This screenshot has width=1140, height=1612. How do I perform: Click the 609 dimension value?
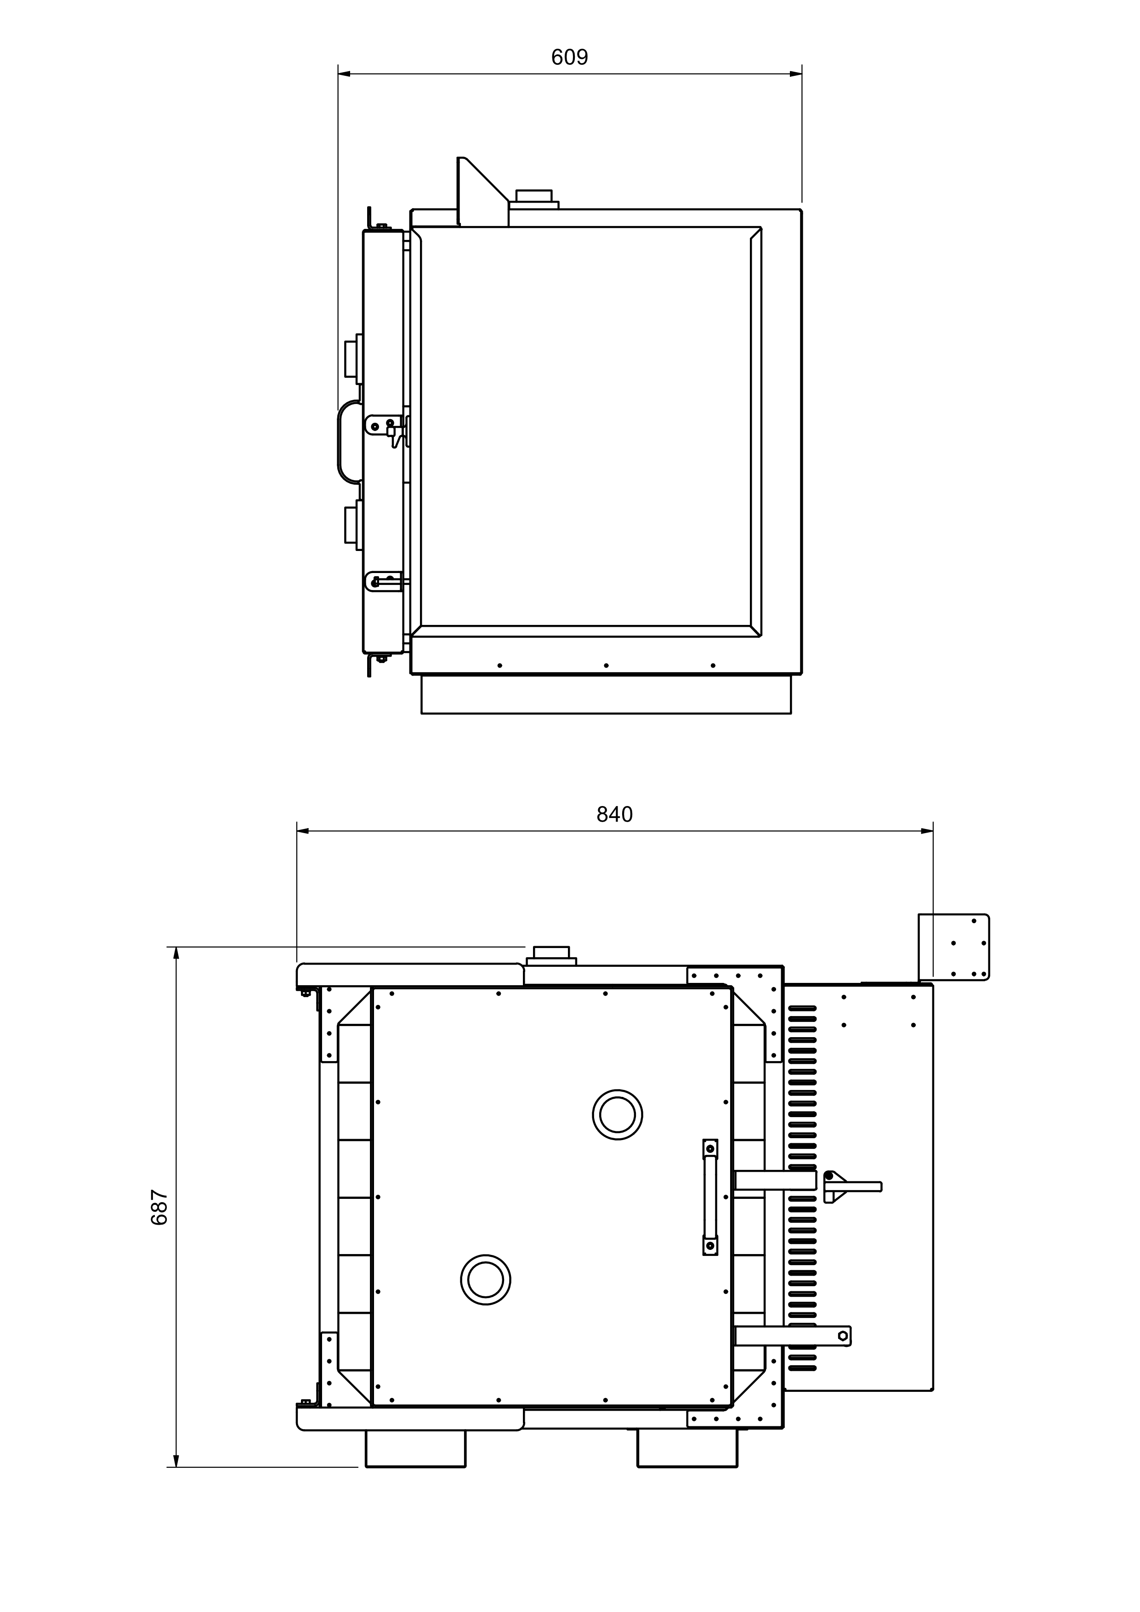click(569, 57)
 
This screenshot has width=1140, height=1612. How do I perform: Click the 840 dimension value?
click(614, 814)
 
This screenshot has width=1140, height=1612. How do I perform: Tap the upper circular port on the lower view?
click(617, 1114)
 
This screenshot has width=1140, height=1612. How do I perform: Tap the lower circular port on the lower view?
click(485, 1280)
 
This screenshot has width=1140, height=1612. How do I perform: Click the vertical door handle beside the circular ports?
click(710, 1197)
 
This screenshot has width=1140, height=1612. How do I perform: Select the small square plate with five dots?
click(953, 947)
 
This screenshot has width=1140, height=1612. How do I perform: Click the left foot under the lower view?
click(415, 1448)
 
